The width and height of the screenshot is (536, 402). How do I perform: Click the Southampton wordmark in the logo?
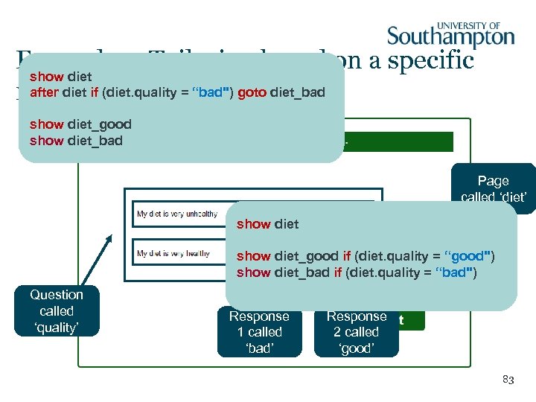pos(450,37)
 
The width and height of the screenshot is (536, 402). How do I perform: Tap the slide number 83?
pos(508,380)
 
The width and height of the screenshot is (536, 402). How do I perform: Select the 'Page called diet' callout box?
pos(493,188)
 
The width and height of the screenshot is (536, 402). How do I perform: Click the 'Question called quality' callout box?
pos(57,311)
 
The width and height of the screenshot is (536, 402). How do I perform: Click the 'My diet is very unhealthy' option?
pos(177,214)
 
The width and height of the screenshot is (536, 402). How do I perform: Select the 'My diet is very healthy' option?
pos(173,254)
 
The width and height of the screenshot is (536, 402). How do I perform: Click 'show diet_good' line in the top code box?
pos(80,124)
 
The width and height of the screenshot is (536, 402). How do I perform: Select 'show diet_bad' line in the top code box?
pos(76,141)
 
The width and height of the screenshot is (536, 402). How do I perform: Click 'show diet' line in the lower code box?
pos(267,224)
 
